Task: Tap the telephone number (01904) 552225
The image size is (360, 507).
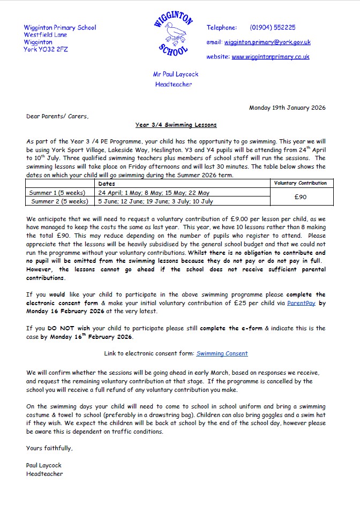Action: tap(272, 27)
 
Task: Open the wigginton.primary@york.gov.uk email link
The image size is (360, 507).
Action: tap(267, 42)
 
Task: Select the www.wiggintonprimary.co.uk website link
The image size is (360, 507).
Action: tap(270, 57)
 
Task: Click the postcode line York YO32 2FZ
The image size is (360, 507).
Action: tap(46, 49)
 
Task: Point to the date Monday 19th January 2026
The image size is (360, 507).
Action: tap(287, 108)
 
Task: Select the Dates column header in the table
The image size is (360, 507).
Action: tap(107, 184)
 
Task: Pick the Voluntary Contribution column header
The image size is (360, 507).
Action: tap(300, 183)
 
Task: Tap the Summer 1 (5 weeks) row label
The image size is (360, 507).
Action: tap(59, 193)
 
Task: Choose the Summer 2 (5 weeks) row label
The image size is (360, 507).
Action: tap(59, 201)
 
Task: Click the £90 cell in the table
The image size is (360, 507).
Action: tap(300, 197)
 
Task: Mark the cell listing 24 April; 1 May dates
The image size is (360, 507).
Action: tap(154, 193)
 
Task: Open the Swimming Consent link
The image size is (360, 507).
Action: tap(222, 353)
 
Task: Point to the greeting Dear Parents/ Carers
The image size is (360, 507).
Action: tap(57, 116)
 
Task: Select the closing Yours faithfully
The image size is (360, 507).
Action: tap(49, 448)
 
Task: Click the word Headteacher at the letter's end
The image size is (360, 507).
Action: tap(44, 474)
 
